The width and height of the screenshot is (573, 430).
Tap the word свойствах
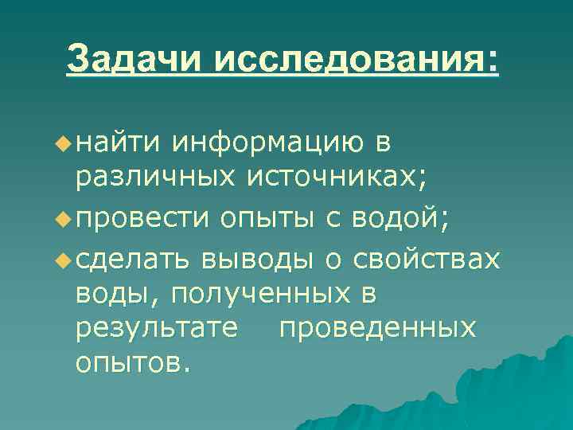coord(427,258)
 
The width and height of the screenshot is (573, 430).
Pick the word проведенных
coord(377,329)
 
